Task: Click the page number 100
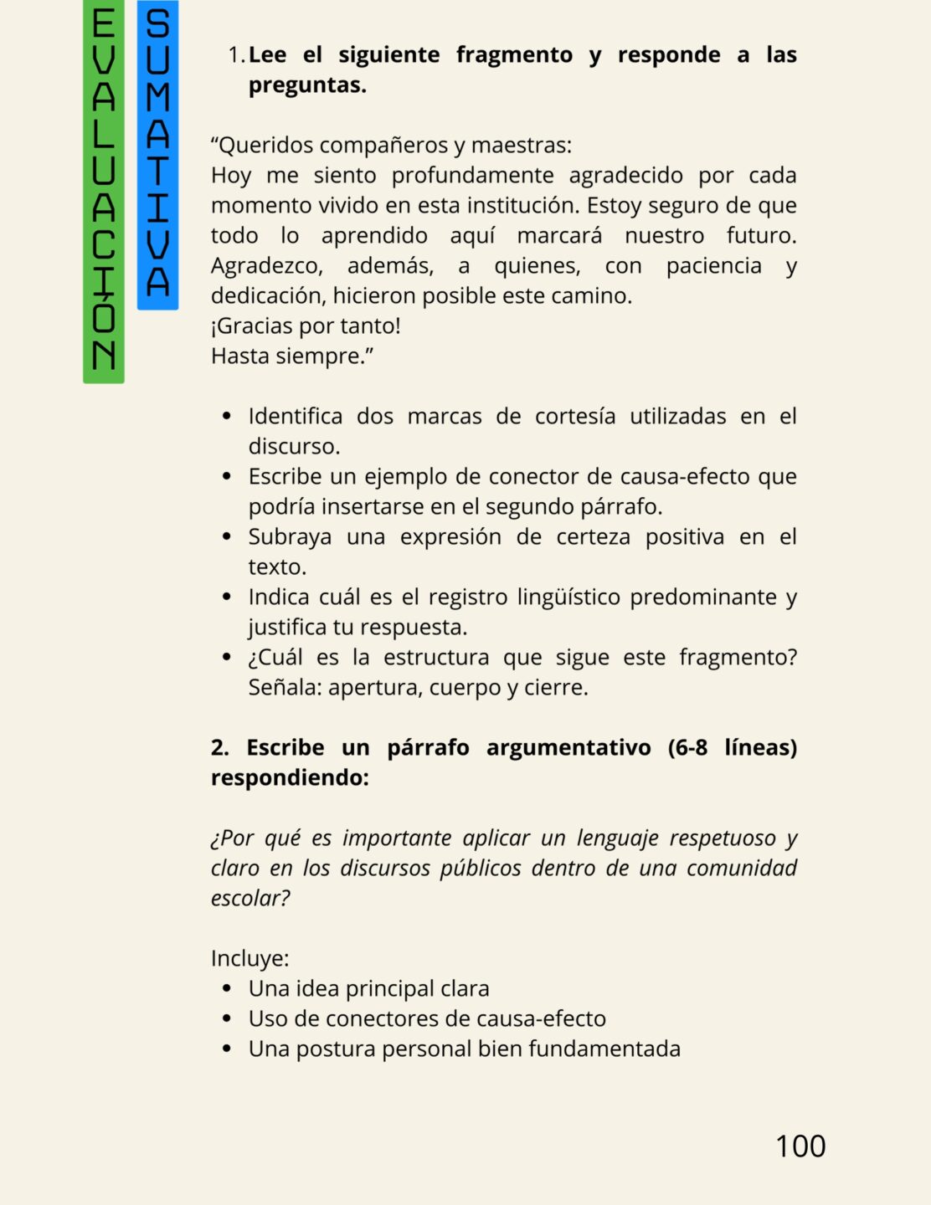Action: coord(800,1146)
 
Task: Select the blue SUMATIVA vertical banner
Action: coord(157,155)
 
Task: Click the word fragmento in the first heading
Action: coord(514,55)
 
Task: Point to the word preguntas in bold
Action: coord(307,85)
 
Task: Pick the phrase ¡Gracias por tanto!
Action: coord(306,326)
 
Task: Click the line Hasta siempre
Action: coord(291,356)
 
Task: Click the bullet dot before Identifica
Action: coord(227,417)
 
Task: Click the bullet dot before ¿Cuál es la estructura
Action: coord(227,658)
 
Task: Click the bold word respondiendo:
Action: coord(290,778)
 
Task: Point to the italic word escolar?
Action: coord(250,899)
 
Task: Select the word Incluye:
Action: coord(249,959)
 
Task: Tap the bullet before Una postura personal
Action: coord(227,1049)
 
